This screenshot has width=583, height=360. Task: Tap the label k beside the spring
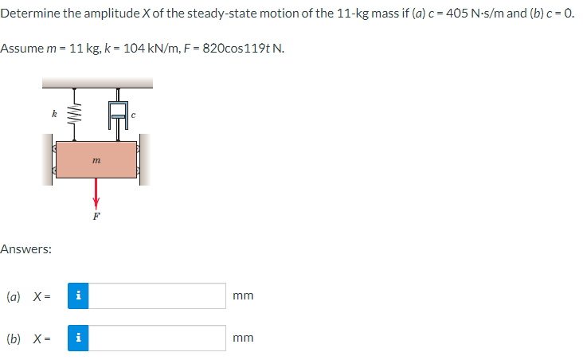click(x=53, y=115)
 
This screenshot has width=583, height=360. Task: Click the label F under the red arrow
click(x=96, y=215)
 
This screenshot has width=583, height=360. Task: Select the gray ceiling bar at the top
click(x=96, y=83)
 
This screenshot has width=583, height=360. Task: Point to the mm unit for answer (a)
click(x=244, y=295)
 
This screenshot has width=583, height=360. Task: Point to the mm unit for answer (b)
click(x=244, y=338)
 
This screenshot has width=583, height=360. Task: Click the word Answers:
click(x=26, y=249)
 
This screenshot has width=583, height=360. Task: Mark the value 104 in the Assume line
click(x=136, y=49)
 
